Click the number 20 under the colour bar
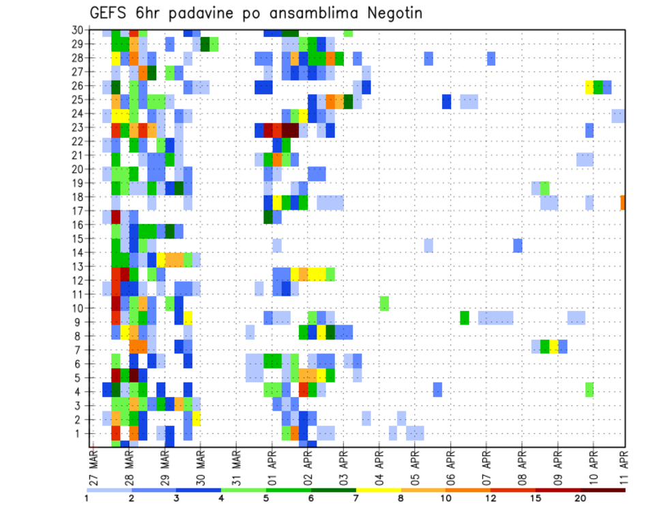[581, 497]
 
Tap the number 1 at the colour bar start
[87, 497]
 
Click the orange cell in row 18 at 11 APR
[623, 203]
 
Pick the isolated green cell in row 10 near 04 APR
[384, 303]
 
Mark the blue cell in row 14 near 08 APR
[518, 245]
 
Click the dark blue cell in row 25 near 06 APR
[447, 101]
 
